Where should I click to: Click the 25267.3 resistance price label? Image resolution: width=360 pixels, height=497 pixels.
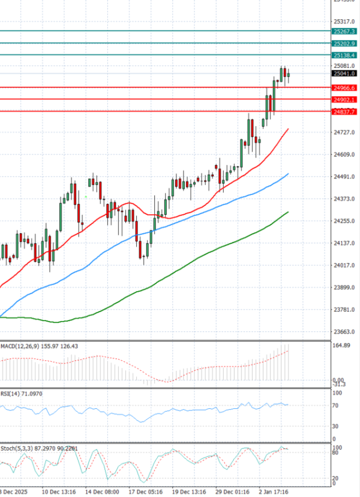[x=344, y=31]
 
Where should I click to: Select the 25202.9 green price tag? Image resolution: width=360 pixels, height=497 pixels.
[x=344, y=44]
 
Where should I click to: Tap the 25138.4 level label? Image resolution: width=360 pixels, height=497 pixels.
[x=344, y=55]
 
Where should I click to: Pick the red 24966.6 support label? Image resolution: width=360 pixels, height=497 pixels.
[x=344, y=88]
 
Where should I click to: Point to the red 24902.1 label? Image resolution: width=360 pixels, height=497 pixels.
[x=344, y=100]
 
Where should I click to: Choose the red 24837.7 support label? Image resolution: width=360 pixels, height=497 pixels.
[x=344, y=112]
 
